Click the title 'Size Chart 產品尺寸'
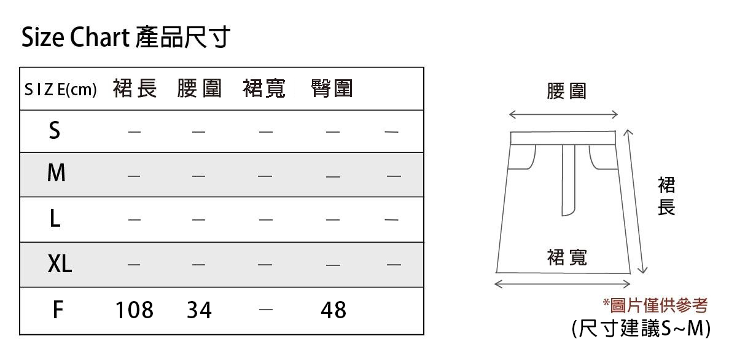point(125,38)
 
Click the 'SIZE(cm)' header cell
point(60,90)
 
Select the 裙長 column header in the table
point(135,89)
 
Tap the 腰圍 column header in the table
point(199,89)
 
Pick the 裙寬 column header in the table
point(265,89)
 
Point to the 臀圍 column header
point(332,89)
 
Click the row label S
point(55,130)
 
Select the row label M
point(56,174)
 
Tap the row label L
point(55,219)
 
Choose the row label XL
point(60,264)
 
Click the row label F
point(57,310)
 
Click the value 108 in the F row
point(135,310)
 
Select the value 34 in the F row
point(199,310)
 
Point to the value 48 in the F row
point(333,310)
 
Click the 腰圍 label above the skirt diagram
point(566,92)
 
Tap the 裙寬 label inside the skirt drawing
point(567,257)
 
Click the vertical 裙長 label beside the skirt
point(666,197)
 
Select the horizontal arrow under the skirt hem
point(563,284)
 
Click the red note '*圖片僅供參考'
point(655,305)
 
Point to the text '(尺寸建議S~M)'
point(641,329)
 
